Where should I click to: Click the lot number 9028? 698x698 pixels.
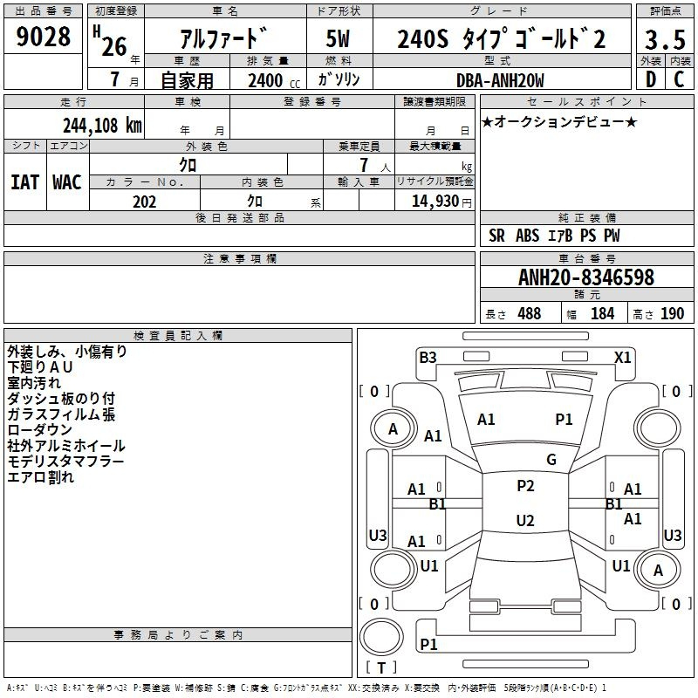click(44, 38)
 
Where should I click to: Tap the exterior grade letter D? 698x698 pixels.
click(650, 79)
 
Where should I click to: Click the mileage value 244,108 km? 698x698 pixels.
click(101, 125)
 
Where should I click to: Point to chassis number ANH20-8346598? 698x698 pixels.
click(586, 277)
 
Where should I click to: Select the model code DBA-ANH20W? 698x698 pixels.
click(500, 80)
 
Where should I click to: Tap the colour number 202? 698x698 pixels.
click(144, 202)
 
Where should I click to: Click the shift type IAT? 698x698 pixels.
click(24, 182)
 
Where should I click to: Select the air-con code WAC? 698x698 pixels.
click(67, 182)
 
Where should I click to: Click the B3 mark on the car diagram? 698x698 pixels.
click(428, 357)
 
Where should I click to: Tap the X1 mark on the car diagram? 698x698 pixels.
click(623, 357)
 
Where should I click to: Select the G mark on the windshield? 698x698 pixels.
click(551, 460)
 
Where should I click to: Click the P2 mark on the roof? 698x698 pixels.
click(525, 486)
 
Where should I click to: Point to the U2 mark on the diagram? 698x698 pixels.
click(525, 521)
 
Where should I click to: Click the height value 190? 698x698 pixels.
click(672, 314)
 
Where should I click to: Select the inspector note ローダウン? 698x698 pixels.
click(41, 430)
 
